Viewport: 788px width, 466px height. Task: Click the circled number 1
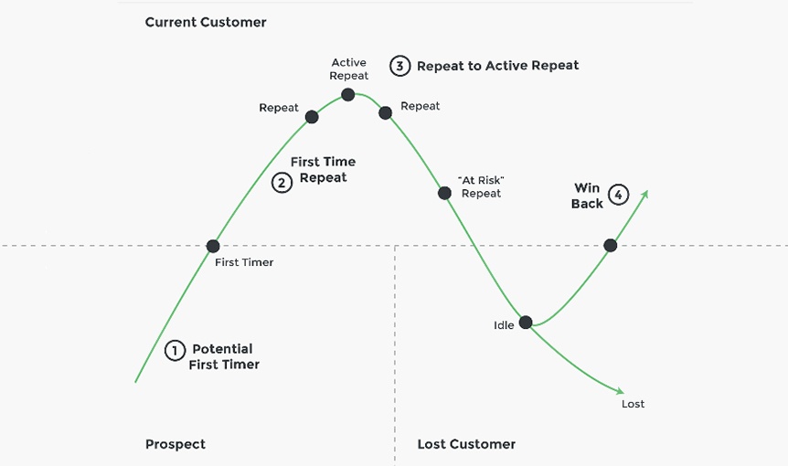tap(175, 351)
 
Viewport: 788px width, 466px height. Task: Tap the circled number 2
tap(282, 183)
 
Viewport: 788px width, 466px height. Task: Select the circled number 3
tap(399, 66)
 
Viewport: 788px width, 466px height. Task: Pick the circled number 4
tap(619, 195)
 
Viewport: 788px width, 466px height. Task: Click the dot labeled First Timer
tap(213, 246)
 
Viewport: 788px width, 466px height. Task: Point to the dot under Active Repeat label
tap(348, 94)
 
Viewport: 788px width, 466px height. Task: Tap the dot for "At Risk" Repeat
tap(444, 193)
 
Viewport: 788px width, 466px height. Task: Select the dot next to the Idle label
tap(526, 322)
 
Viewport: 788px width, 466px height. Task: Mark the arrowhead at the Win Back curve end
tap(644, 193)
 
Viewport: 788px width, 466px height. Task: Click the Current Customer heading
tap(206, 22)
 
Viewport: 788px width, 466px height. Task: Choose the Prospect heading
tap(176, 444)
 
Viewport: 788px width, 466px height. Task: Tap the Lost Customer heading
tap(466, 444)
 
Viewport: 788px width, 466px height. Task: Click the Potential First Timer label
tap(224, 356)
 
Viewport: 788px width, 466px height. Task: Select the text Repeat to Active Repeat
tap(497, 66)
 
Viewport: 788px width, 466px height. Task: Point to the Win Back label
tap(587, 196)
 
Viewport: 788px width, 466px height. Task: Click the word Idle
tap(504, 325)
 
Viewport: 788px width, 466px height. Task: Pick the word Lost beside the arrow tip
tap(633, 404)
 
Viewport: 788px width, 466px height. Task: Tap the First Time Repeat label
tap(323, 169)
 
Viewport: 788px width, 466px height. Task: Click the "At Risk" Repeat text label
tap(481, 186)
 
